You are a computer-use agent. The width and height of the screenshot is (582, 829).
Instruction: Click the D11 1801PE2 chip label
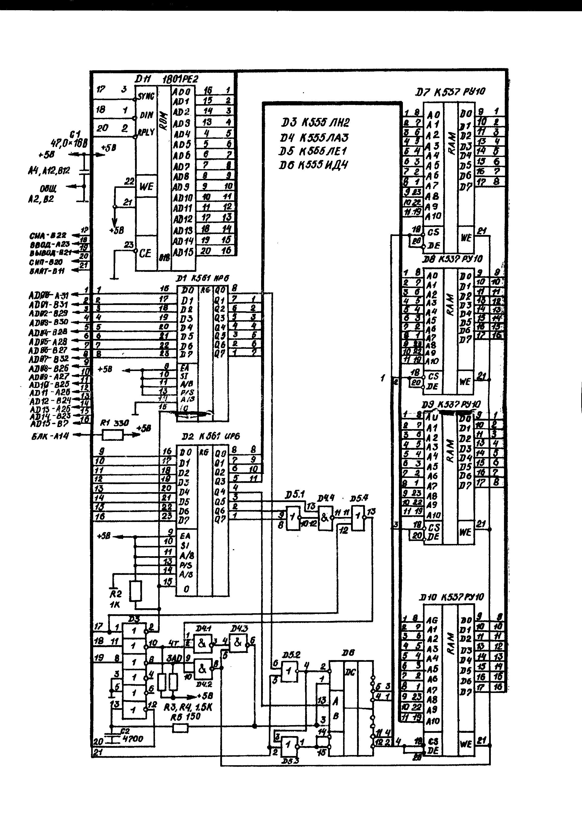pyautogui.click(x=166, y=79)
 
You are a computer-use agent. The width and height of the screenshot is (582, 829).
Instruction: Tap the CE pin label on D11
pyautogui.click(x=145, y=253)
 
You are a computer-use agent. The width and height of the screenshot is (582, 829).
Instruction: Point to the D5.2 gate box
pyautogui.click(x=289, y=672)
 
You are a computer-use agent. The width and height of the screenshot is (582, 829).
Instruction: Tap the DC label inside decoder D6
pyautogui.click(x=350, y=672)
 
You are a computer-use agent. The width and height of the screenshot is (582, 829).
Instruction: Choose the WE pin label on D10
pyautogui.click(x=466, y=744)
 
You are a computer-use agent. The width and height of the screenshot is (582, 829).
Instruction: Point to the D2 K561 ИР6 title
pyautogui.click(x=211, y=437)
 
